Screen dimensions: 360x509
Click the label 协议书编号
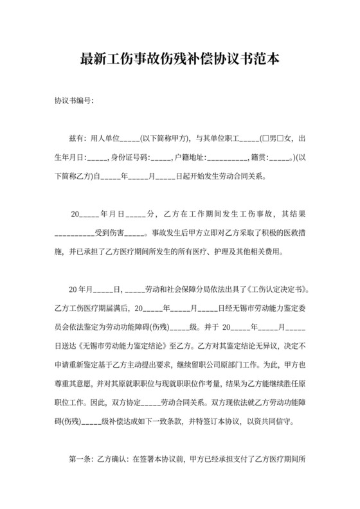[x=73, y=101]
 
